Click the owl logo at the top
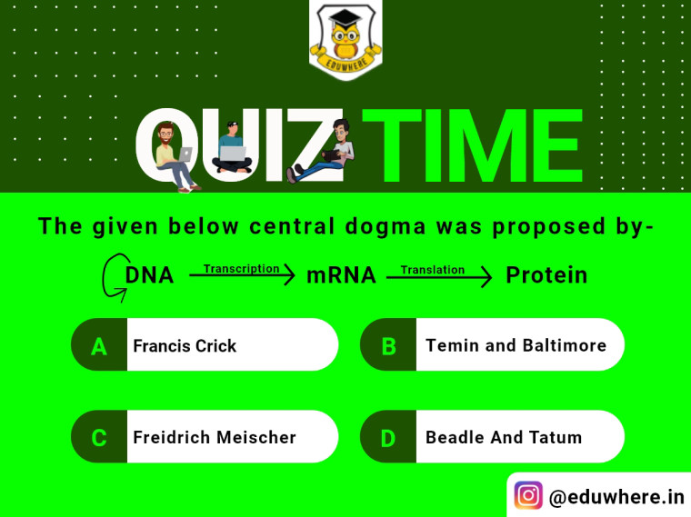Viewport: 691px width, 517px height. [345, 39]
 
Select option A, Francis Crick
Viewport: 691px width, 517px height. [205, 344]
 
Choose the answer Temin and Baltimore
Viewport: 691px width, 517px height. [492, 344]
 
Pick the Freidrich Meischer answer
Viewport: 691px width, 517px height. [205, 436]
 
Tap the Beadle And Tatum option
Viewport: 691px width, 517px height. [492, 436]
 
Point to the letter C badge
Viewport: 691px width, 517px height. [99, 437]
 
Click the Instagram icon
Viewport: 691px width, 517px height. [528, 495]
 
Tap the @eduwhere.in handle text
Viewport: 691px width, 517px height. [616, 497]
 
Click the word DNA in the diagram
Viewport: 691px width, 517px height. [149, 275]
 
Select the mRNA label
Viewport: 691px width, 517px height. [341, 275]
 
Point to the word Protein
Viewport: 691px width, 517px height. [546, 275]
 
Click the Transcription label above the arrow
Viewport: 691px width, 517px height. [242, 269]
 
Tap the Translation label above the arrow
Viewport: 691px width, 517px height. [432, 270]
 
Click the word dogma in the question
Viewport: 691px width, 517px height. [386, 227]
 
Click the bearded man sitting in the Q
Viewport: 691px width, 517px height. [174, 157]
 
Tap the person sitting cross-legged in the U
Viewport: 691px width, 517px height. [232, 147]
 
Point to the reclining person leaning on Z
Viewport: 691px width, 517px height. [321, 152]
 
